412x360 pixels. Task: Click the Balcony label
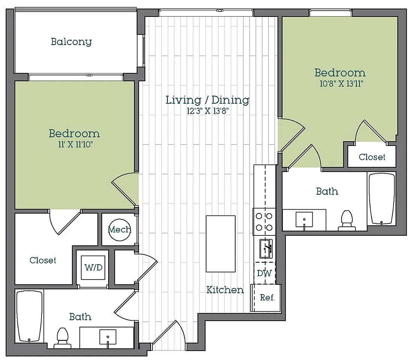pos(71,42)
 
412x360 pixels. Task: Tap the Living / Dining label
pos(207,100)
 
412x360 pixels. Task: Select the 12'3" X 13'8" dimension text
pos(207,111)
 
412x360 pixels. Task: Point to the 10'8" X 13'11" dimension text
pos(341,83)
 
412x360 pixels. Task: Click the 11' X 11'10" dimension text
pos(75,144)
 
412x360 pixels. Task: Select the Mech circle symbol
pos(119,230)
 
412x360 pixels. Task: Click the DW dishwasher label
pos(264,273)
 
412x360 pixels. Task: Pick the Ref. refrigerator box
pos(266,298)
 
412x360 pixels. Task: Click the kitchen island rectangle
pos(221,244)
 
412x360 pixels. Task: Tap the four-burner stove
pos(264,222)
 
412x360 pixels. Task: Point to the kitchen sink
pos(266,248)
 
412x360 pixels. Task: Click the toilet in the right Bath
pos(346,220)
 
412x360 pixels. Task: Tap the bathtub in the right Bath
pos(382,199)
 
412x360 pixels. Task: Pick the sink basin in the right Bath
pos(304,219)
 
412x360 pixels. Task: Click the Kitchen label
pos(225,290)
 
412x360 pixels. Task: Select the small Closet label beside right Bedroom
pos(372,157)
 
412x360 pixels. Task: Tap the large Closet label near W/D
pos(43,260)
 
